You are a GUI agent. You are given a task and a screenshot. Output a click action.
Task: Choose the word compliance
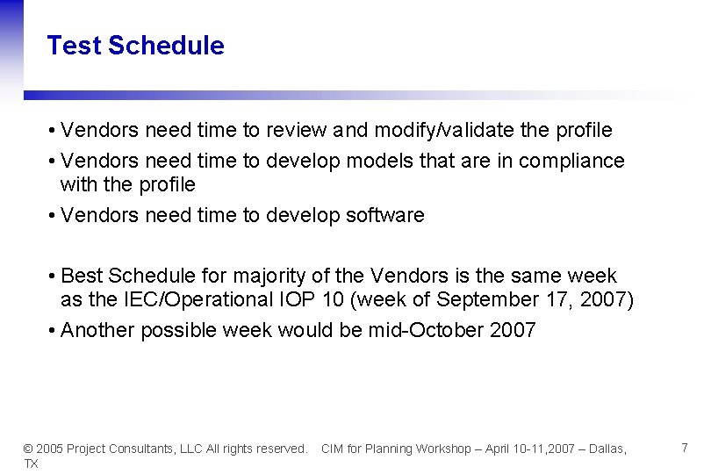coord(571,162)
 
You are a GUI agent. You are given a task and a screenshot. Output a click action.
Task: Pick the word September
coord(487,299)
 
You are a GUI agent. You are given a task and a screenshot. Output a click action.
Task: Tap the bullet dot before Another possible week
coord(53,330)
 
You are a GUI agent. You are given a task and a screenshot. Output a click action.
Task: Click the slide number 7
coord(685,448)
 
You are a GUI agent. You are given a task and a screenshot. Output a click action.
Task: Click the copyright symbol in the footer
coord(27,449)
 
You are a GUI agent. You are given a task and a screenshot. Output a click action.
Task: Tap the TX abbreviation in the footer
coord(31,463)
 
